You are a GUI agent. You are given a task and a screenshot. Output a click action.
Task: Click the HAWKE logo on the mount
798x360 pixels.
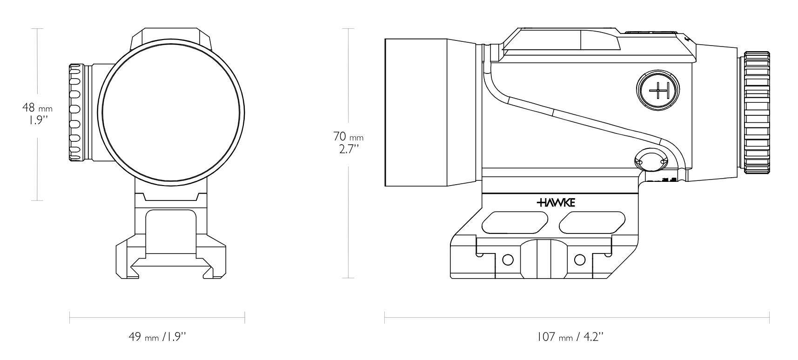tap(556, 203)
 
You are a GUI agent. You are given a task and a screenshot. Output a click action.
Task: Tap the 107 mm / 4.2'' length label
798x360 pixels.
tap(570, 336)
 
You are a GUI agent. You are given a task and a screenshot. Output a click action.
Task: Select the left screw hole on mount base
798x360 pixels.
tap(508, 259)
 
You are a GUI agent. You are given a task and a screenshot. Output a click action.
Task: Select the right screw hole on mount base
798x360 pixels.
tap(580, 259)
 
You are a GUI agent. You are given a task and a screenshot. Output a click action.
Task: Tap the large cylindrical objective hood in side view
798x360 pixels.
tap(416, 112)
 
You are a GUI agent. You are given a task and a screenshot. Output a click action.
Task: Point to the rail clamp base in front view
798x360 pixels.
tap(170, 260)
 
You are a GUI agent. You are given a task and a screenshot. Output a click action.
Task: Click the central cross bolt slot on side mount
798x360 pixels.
tap(543, 258)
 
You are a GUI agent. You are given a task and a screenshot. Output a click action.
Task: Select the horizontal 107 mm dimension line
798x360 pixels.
tap(577, 318)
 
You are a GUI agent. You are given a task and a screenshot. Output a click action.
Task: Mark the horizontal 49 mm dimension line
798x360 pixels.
tap(157, 318)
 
